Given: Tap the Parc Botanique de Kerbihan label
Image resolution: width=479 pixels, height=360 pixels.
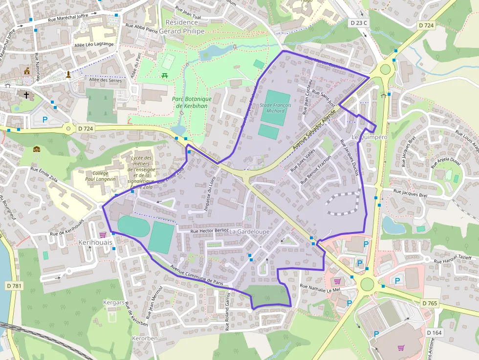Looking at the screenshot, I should click(x=192, y=102).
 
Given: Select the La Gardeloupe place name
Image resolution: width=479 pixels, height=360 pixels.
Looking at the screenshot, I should click(x=249, y=231).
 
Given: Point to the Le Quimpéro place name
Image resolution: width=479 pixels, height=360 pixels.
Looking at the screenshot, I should click(x=370, y=137).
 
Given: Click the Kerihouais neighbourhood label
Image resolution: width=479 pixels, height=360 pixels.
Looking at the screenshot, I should click(x=95, y=242).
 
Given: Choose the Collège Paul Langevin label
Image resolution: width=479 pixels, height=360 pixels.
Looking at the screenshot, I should click(x=100, y=176).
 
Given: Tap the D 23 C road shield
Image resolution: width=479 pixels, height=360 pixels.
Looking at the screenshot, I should click(x=359, y=23).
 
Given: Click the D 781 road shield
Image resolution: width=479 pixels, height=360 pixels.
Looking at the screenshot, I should click(x=15, y=285).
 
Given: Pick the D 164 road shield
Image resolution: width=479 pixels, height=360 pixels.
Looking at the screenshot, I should click(x=434, y=333).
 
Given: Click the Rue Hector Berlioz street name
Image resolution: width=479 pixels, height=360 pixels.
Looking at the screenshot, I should click(x=210, y=231).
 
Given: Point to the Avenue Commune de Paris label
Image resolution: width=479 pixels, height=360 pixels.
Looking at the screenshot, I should click(x=196, y=275).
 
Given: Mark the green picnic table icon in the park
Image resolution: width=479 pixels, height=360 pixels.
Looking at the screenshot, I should click(x=165, y=75).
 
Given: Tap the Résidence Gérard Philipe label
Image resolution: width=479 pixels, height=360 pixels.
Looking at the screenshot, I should click(x=182, y=26).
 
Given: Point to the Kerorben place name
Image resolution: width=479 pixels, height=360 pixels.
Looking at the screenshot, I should click(x=145, y=338).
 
